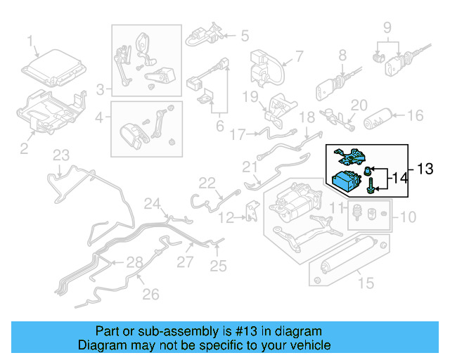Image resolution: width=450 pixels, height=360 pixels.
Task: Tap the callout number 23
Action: (62, 155)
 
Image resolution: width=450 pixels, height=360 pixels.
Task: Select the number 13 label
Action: (426, 169)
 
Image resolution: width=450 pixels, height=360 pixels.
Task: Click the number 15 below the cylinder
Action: (366, 283)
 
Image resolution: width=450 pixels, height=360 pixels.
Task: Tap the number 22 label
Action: (206, 183)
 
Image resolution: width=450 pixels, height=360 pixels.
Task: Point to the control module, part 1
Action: (53, 71)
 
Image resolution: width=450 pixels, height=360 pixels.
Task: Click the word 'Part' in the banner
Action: (108, 331)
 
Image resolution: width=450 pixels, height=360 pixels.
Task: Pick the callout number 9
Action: (387, 28)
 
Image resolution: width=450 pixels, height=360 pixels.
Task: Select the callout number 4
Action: (99, 117)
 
